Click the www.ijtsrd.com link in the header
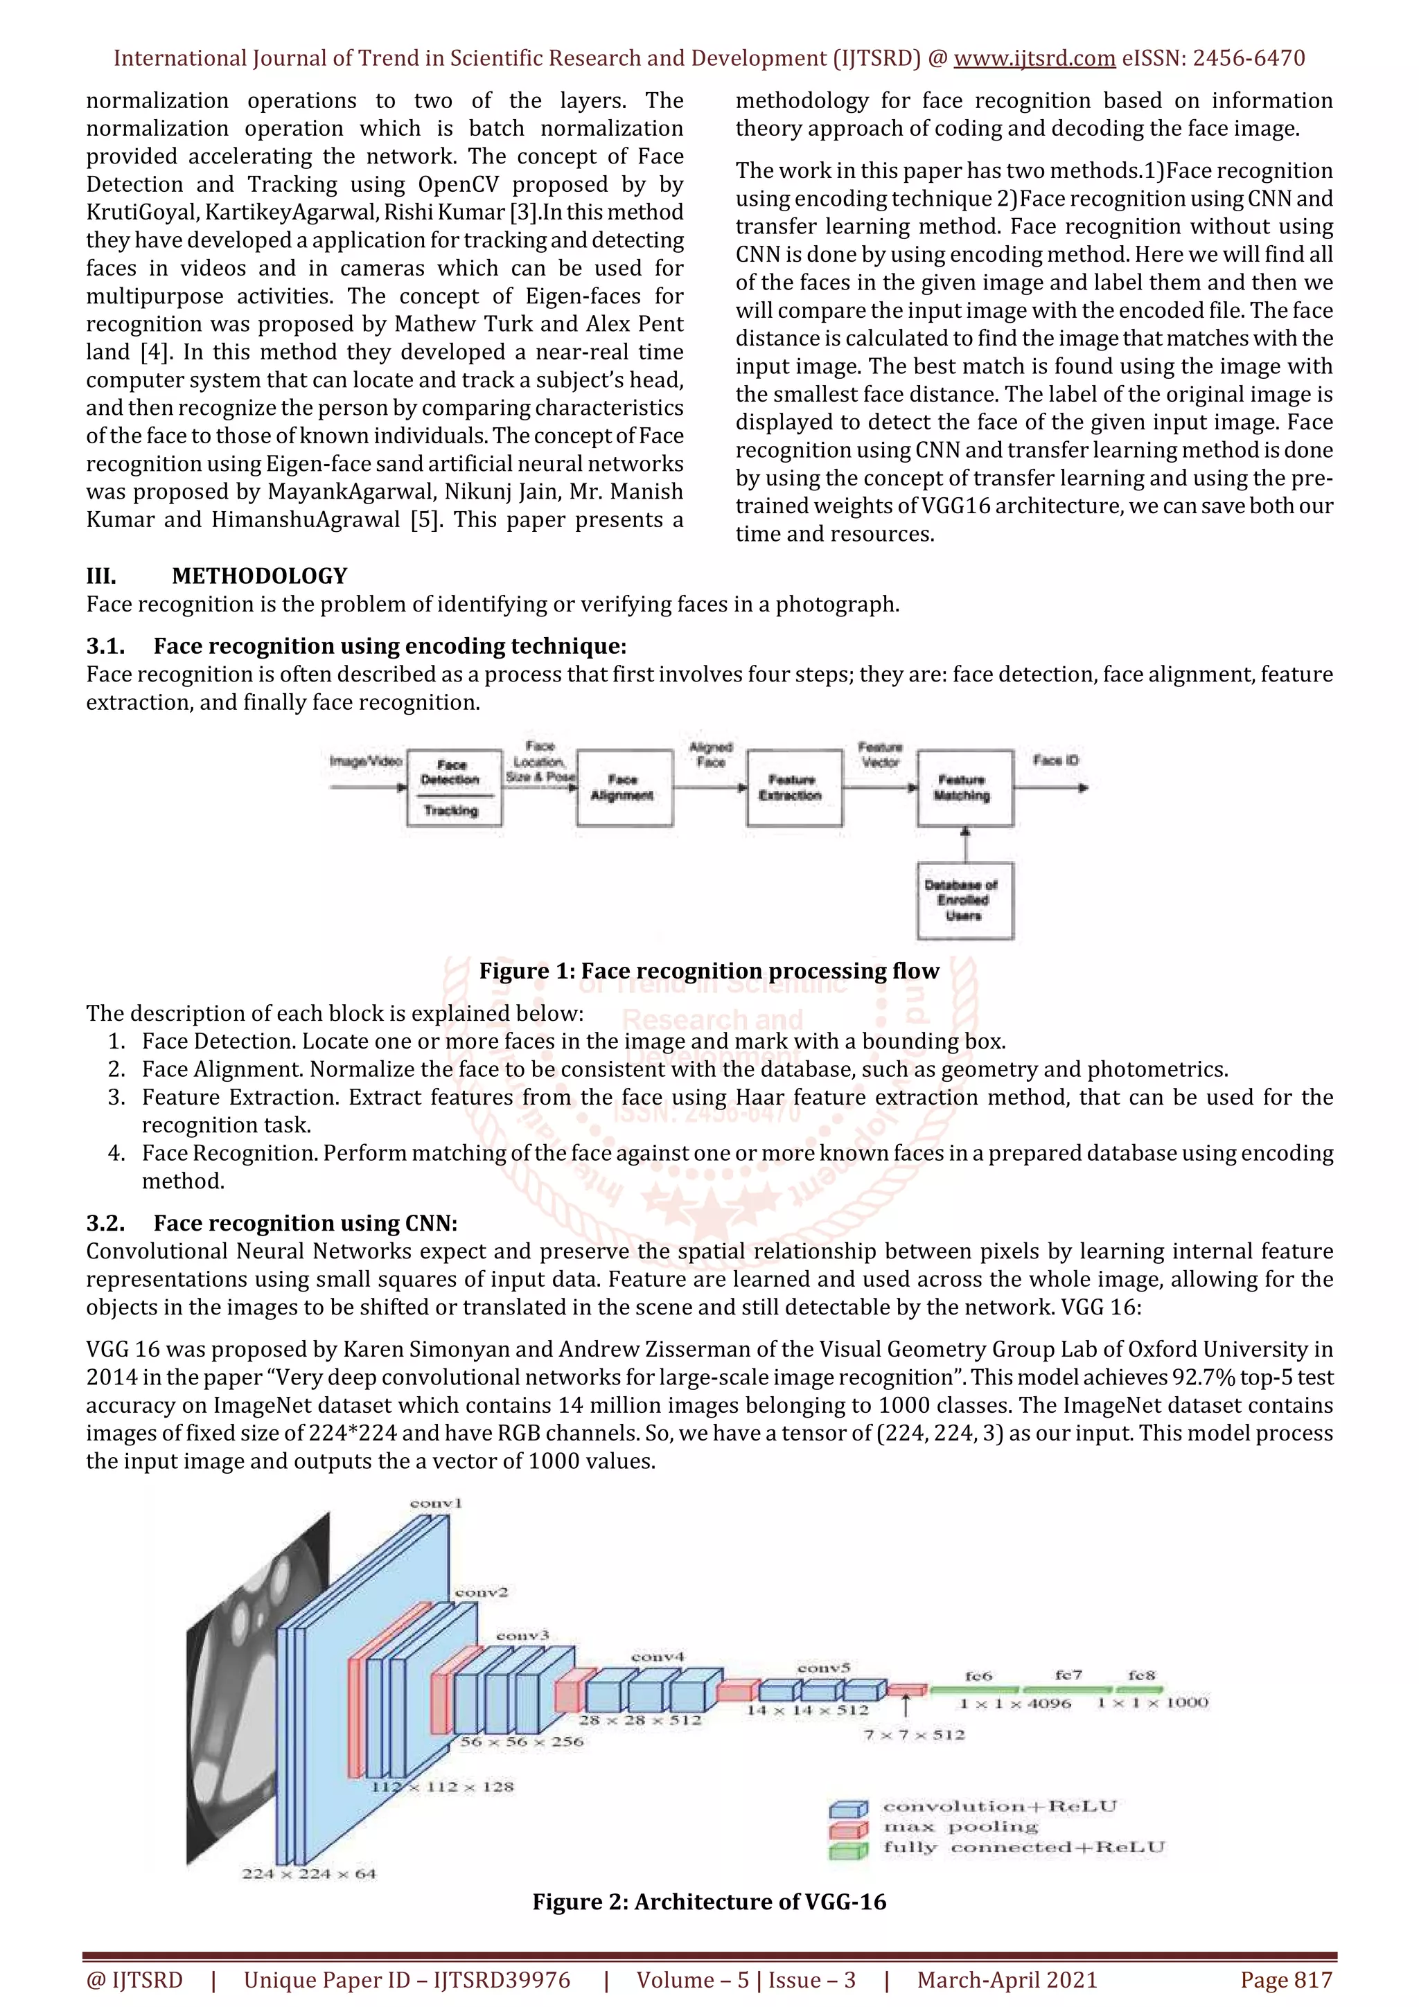[1034, 59]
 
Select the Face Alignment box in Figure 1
[624, 787]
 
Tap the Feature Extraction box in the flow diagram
[794, 787]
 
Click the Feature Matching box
[964, 787]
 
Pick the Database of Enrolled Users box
[964, 900]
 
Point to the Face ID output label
[1056, 760]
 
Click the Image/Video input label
[365, 761]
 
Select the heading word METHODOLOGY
[260, 576]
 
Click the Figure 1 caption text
[709, 971]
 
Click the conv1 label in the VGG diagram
[435, 1504]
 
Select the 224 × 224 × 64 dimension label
[308, 1873]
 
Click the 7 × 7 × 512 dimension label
[915, 1735]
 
